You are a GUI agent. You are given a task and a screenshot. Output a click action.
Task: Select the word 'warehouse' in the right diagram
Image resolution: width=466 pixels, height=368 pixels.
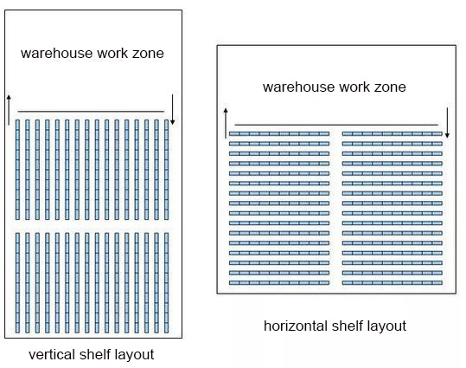pos(298,87)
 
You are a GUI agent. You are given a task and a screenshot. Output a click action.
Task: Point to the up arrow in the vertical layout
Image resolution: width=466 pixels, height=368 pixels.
pos(9,110)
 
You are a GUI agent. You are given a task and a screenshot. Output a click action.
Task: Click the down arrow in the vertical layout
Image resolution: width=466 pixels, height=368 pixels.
pos(172,110)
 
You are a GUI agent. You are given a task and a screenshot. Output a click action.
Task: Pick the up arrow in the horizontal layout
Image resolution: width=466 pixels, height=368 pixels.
pos(226,123)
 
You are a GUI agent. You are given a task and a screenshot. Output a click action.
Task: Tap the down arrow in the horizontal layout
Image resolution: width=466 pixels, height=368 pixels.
pos(447,123)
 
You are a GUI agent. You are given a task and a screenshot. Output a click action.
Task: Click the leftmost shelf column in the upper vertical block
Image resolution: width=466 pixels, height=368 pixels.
pos(17,170)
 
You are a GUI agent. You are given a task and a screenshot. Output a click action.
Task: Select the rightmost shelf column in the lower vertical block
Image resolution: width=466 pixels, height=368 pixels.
pos(166,283)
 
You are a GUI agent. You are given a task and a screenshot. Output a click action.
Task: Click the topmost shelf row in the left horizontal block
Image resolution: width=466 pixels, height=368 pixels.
pos(279,134)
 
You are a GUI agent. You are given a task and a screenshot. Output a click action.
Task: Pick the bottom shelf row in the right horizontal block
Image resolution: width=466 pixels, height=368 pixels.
pos(393,283)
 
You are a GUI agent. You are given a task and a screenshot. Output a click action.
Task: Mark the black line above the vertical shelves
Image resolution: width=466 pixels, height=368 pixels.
pos(91,112)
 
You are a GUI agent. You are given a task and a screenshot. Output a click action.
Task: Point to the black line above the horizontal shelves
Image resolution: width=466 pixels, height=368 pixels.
pos(336,125)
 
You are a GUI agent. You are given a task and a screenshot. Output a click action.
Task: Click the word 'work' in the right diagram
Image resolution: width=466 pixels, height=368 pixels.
pos(352,87)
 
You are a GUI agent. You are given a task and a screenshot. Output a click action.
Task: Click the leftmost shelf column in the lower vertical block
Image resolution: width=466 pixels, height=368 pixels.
pos(17,283)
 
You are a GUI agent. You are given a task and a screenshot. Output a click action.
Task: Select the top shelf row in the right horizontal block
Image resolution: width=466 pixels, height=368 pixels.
pos(393,134)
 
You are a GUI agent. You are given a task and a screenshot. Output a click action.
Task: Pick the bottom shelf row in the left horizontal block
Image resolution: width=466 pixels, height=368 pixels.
pos(279,283)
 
